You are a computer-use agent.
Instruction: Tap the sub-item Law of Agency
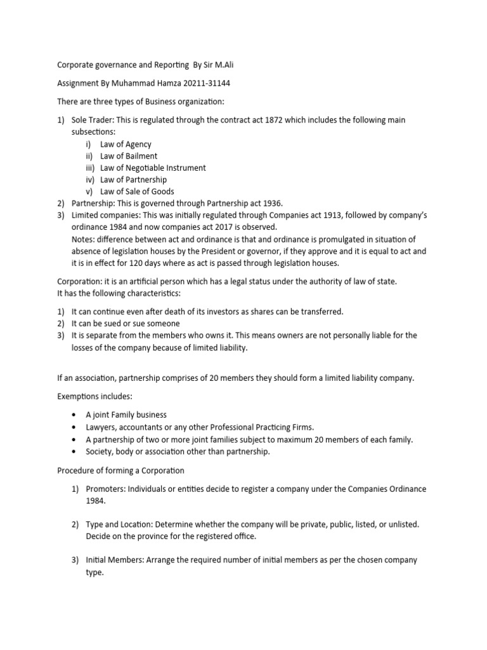pos(126,144)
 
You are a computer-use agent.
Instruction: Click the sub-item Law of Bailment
pos(129,156)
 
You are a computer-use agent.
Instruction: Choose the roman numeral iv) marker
pos(89,180)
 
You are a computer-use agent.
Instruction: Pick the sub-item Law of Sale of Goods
pos(137,192)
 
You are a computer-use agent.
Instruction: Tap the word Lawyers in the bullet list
pos(102,428)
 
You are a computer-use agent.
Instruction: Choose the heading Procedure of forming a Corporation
pos(120,470)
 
